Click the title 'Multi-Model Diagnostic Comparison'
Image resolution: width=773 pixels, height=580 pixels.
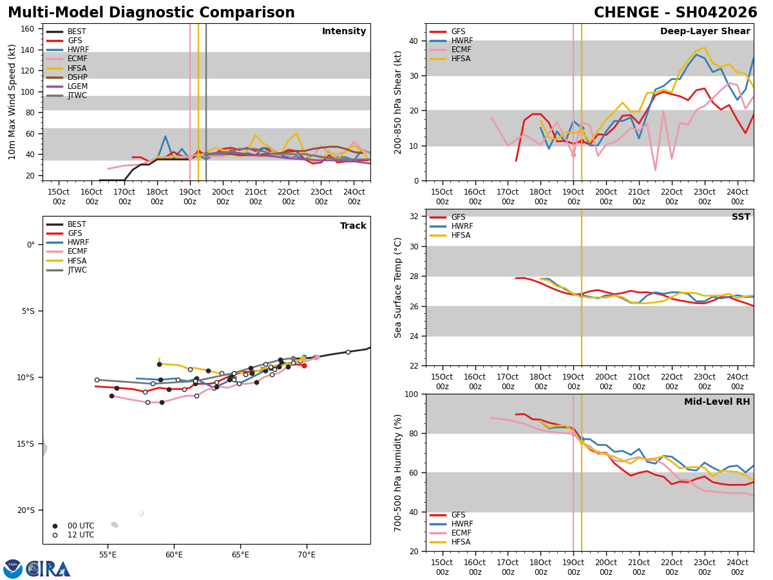pyautogui.click(x=151, y=13)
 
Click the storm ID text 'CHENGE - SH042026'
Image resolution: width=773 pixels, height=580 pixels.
pyautogui.click(x=675, y=13)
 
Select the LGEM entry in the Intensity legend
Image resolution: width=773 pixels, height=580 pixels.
pyautogui.click(x=77, y=86)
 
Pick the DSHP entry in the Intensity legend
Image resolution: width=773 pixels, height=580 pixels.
pyautogui.click(x=77, y=77)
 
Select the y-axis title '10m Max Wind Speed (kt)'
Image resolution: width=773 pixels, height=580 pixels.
pyautogui.click(x=12, y=102)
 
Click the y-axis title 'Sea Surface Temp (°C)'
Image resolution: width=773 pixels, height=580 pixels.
pyautogui.click(x=398, y=287)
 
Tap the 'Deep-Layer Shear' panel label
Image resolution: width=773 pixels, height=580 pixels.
pyautogui.click(x=705, y=32)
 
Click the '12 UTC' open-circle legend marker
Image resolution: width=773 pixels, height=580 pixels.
pyautogui.click(x=55, y=535)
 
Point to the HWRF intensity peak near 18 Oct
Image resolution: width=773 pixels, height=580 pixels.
pyautogui.click(x=165, y=136)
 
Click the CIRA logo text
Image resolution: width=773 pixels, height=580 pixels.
pyautogui.click(x=48, y=568)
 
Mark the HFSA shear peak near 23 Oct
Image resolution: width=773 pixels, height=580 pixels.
pyautogui.click(x=704, y=48)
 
